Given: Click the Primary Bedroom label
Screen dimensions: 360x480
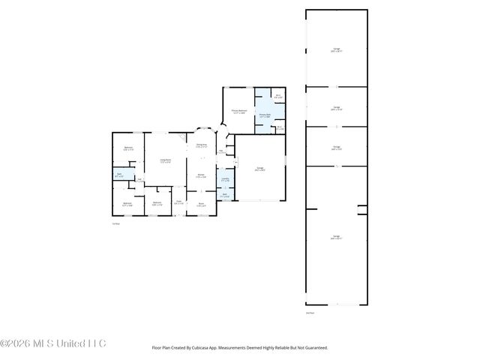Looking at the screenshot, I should pyautogui.click(x=239, y=112).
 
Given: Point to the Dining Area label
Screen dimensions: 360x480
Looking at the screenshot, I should pyautogui.click(x=201, y=145).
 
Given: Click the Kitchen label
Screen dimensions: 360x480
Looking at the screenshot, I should pyautogui.click(x=201, y=177).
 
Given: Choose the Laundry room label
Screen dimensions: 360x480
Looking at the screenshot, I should pyautogui.click(x=225, y=179).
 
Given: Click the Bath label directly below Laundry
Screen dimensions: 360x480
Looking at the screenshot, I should pyautogui.click(x=225, y=195).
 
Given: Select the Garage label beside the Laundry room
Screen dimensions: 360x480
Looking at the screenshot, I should pyautogui.click(x=260, y=169).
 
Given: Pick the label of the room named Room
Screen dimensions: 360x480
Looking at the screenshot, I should pyautogui.click(x=201, y=204).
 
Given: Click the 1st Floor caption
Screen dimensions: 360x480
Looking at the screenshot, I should pyautogui.click(x=115, y=223).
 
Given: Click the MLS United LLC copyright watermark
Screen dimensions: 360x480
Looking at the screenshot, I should pyautogui.click(x=53, y=343).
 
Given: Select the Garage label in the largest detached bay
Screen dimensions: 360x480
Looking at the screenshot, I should pyautogui.click(x=336, y=239).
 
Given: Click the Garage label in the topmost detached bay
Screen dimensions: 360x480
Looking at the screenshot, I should pyautogui.click(x=336, y=50).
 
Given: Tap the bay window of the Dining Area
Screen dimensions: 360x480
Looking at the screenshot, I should pyautogui.click(x=201, y=128).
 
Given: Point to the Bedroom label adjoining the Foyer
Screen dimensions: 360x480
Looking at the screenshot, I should pyautogui.click(x=157, y=203).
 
